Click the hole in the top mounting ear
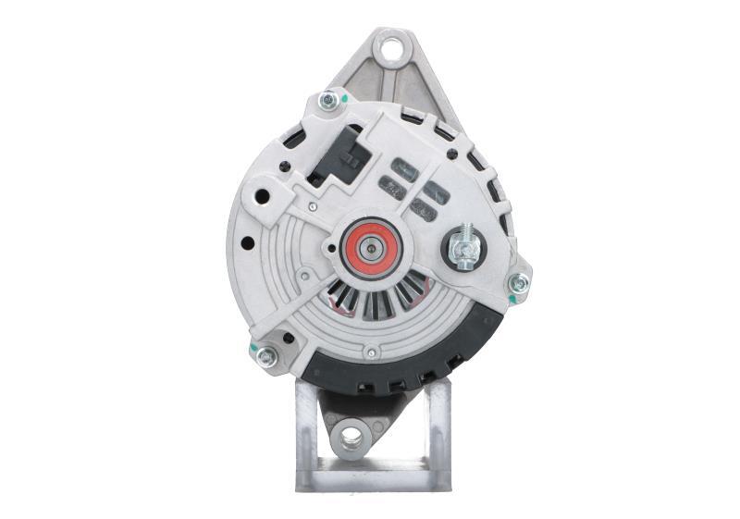[392, 46]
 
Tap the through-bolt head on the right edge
[519, 284]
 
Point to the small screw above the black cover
[370, 352]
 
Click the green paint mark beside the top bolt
[344, 96]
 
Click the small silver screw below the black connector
[314, 207]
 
